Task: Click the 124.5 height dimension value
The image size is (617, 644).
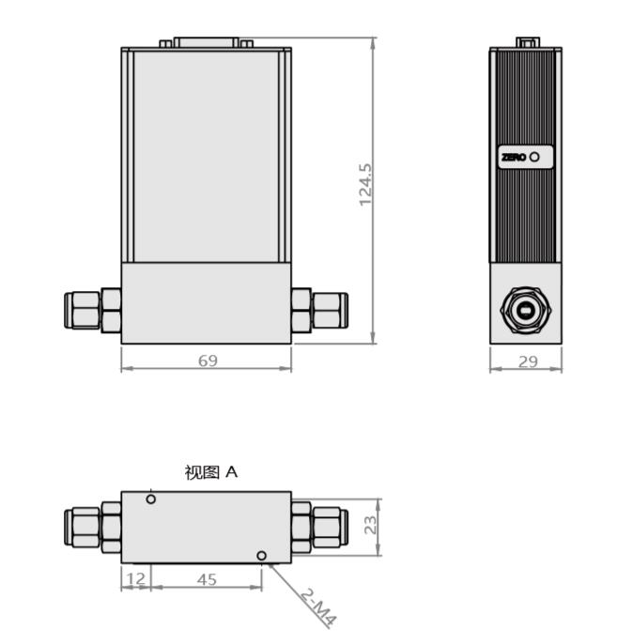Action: (x=366, y=185)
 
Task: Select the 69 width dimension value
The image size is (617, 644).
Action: (x=208, y=360)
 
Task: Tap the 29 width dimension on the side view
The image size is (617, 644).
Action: (x=528, y=360)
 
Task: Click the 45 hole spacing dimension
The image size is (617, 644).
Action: (x=207, y=579)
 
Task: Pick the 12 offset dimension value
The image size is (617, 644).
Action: (x=136, y=579)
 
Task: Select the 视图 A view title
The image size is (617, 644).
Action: (x=211, y=472)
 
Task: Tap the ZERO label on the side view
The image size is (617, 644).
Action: (x=515, y=157)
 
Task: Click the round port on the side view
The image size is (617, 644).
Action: (x=525, y=310)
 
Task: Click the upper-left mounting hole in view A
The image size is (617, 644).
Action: (x=150, y=499)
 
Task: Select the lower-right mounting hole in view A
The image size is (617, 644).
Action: (x=262, y=556)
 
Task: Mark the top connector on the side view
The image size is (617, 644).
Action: (x=527, y=42)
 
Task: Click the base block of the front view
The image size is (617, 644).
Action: (x=206, y=302)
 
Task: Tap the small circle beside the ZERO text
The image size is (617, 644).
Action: (x=535, y=157)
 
